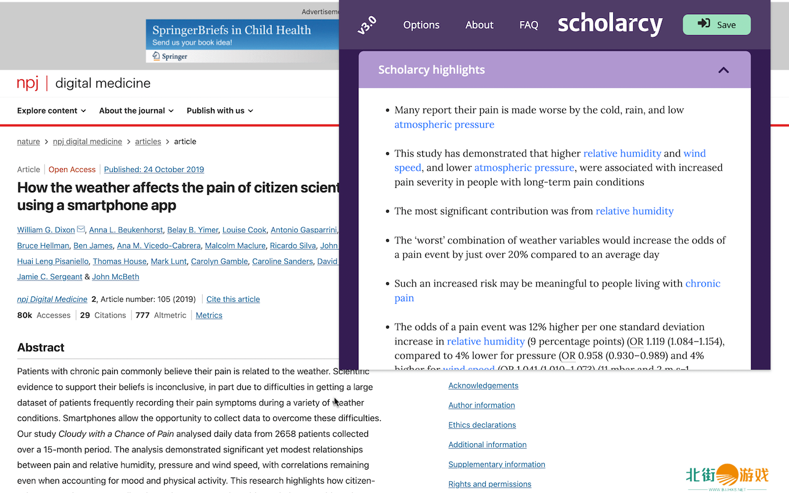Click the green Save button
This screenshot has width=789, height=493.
point(716,25)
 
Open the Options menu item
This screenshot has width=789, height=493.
point(421,25)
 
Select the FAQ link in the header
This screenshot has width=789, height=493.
point(528,25)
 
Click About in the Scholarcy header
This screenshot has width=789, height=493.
point(479,25)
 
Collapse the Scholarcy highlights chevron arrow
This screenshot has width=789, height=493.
point(724,70)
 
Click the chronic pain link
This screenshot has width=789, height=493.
point(702,283)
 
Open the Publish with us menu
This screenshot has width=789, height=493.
point(219,111)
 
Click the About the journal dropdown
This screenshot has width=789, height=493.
point(136,111)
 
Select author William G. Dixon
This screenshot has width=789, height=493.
point(46,230)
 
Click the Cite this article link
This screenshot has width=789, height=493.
point(233,299)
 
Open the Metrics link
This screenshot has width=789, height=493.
point(209,316)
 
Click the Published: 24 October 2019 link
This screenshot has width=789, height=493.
point(154,169)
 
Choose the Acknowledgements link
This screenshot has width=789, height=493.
point(483,386)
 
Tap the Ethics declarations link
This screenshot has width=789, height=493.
point(482,425)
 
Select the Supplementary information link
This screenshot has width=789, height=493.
point(497,465)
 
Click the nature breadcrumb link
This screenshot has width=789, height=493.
point(28,142)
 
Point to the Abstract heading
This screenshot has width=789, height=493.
point(41,348)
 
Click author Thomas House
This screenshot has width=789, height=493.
point(120,261)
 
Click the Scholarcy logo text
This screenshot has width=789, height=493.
point(610,25)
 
